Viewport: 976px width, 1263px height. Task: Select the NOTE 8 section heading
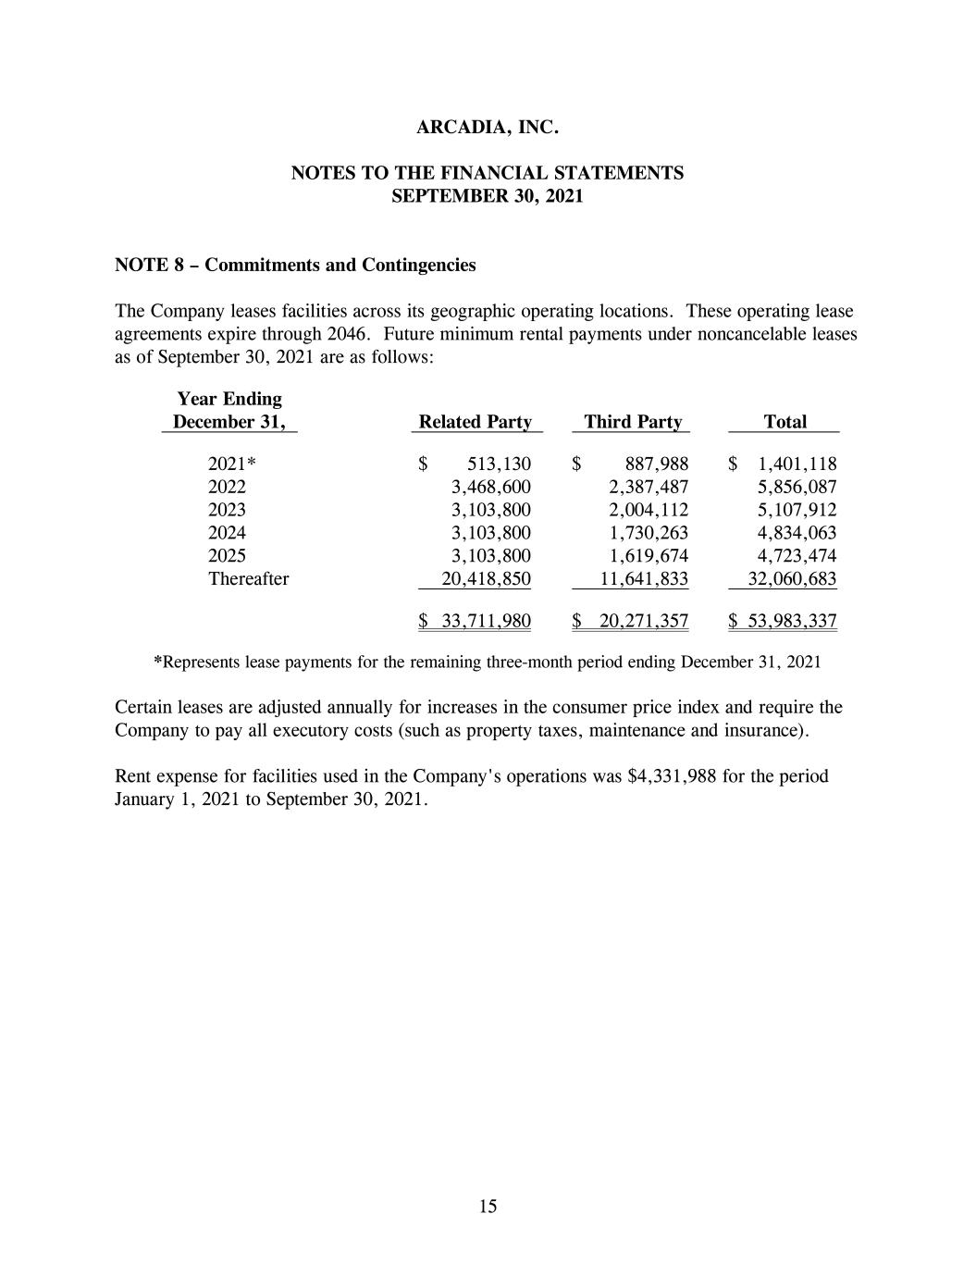[295, 266]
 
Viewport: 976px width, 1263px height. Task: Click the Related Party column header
[476, 422]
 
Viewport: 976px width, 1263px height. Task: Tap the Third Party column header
[633, 422]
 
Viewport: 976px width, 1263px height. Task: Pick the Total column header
[785, 422]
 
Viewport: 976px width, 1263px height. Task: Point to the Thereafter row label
[248, 579]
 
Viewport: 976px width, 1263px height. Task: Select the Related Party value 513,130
[500, 464]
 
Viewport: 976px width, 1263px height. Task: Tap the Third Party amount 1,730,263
[649, 533]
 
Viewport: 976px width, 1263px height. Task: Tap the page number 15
[488, 1206]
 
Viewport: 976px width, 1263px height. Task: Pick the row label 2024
[227, 533]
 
